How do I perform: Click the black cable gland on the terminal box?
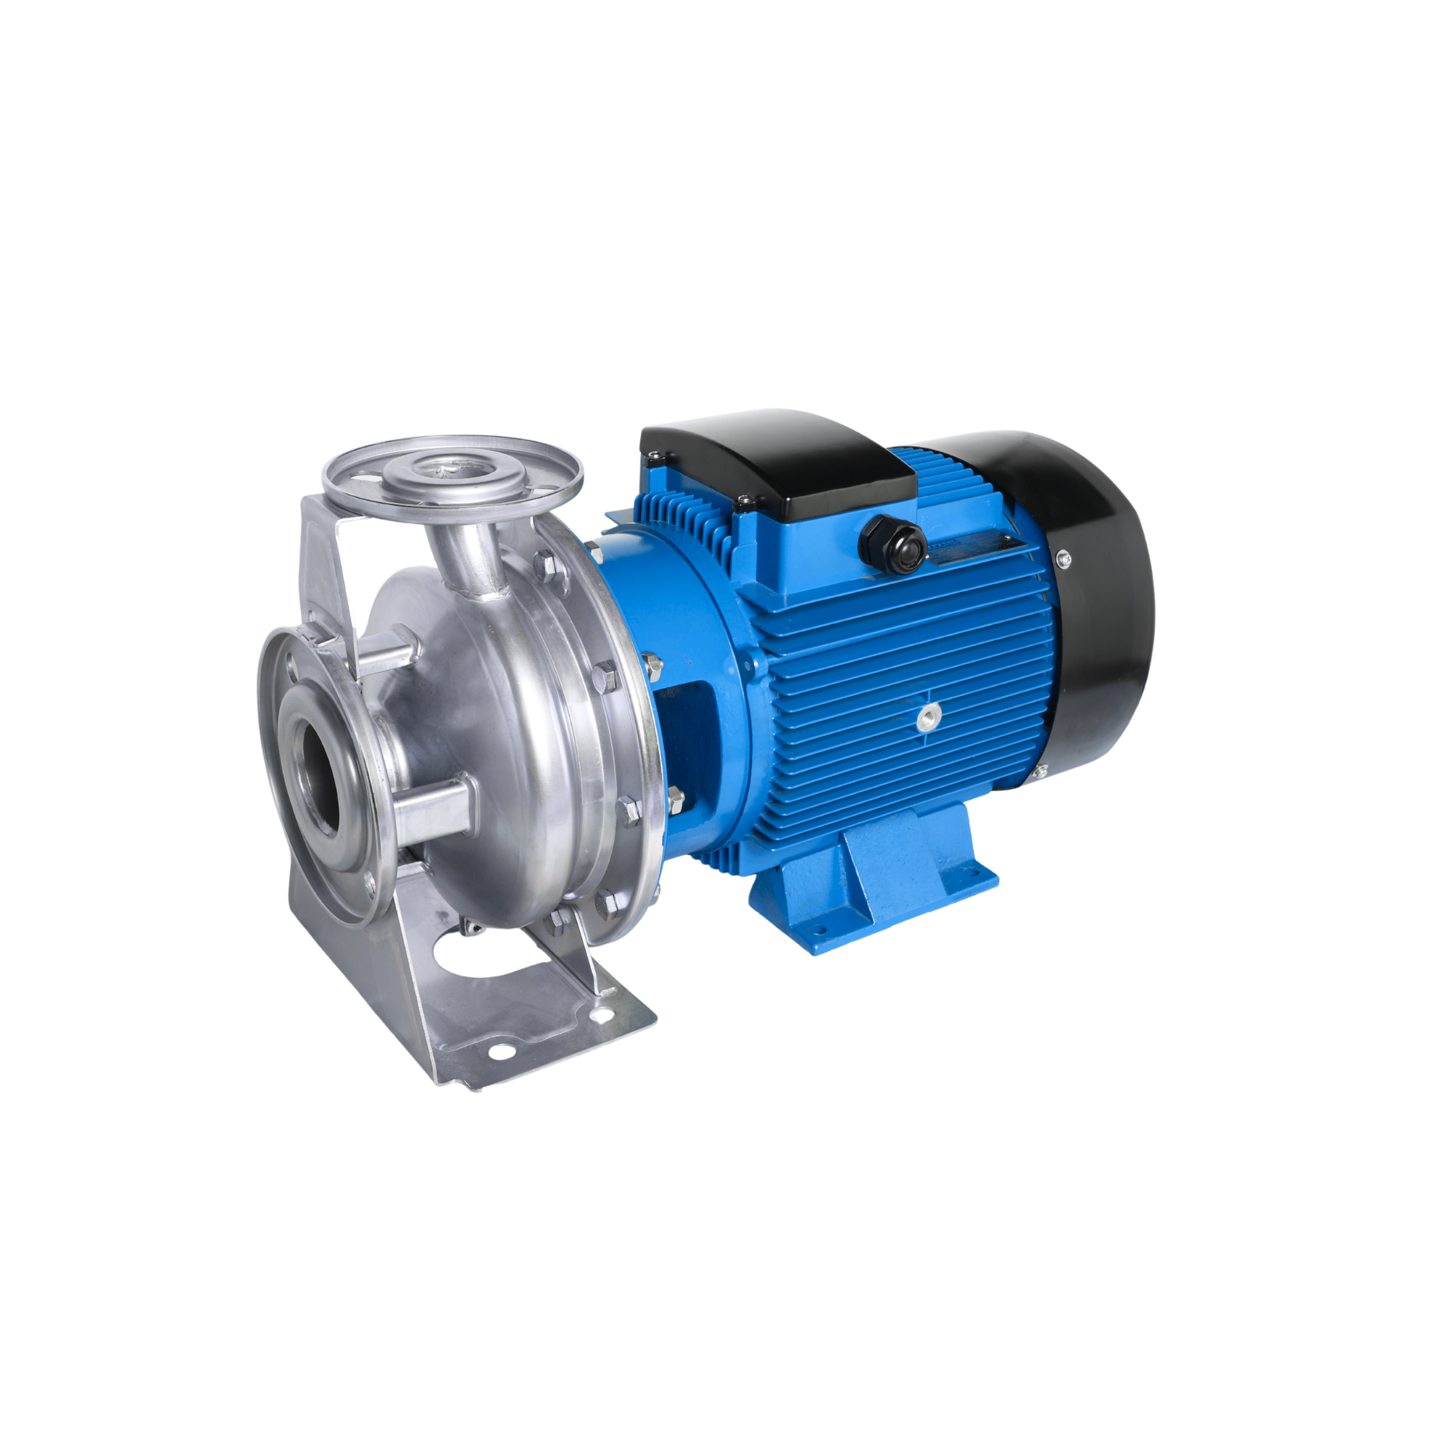pyautogui.click(x=892, y=539)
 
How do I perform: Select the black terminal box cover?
pyautogui.click(x=781, y=457)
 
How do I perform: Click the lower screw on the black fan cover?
pyautogui.click(x=1042, y=773)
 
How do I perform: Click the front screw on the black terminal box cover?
pyautogui.click(x=744, y=500)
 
